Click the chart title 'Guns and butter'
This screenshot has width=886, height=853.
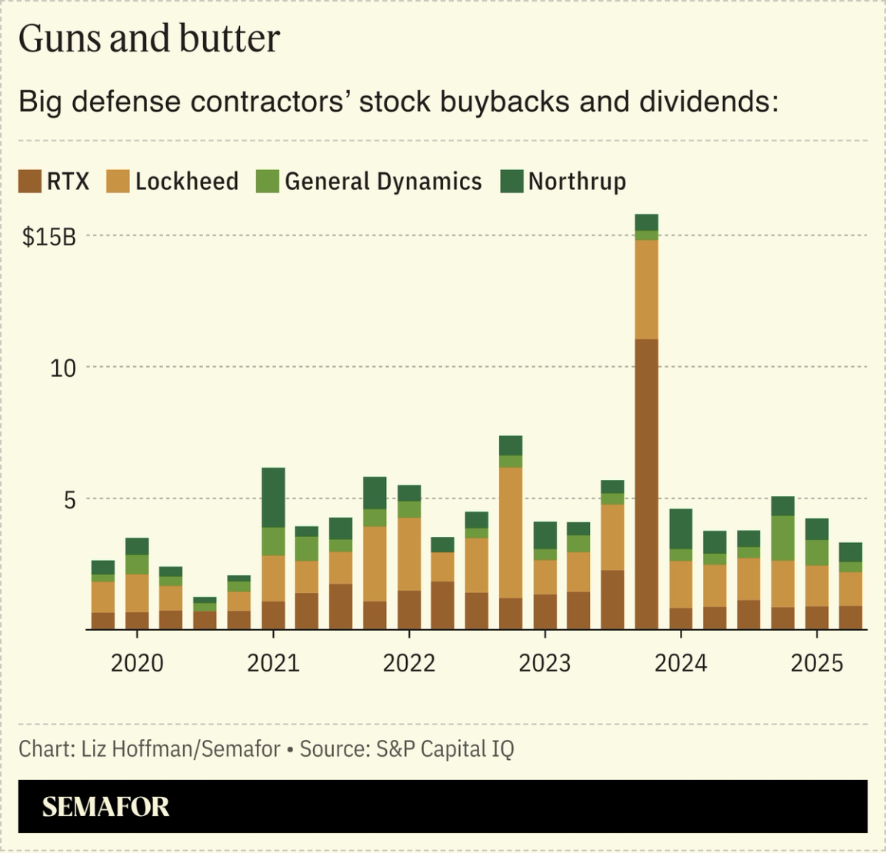pos(148,38)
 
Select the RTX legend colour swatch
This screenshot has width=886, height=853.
pos(29,182)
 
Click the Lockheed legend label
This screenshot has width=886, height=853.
pos(186,182)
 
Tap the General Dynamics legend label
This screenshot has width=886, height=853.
pos(383,182)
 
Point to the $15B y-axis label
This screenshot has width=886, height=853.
pos(49,237)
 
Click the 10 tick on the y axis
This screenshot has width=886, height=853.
pos(63,368)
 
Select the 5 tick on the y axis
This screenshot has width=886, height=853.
pos(69,500)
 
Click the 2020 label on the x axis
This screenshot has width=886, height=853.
pos(137,663)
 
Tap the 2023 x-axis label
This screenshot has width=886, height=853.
pos(545,663)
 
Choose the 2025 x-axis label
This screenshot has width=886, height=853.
pos(817,663)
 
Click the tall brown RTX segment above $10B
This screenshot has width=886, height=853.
pos(646,485)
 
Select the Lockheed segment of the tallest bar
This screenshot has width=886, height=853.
pos(646,289)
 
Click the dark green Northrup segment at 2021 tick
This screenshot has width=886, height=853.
pos(273,497)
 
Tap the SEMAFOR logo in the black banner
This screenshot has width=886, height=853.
pos(105,807)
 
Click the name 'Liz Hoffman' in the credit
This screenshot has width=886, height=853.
pos(140,749)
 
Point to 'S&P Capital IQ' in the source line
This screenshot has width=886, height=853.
pos(445,749)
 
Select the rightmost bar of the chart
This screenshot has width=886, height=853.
pos(850,586)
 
